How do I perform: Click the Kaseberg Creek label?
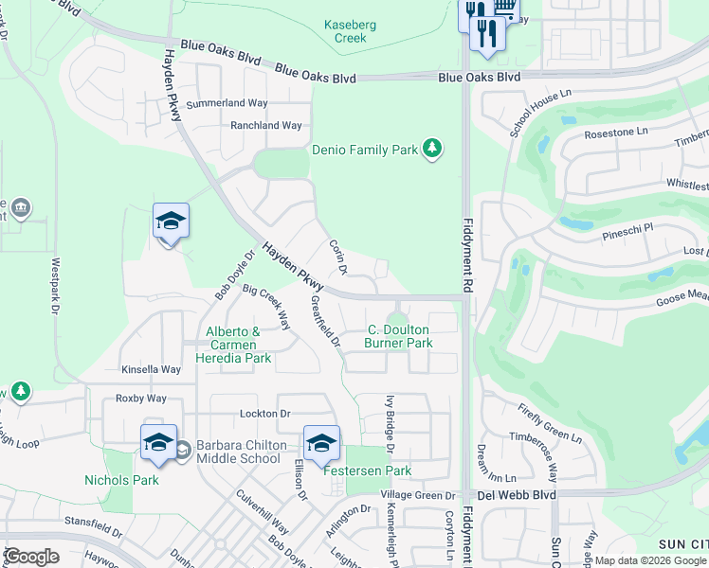tap(351, 31)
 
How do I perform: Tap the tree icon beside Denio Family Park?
tap(432, 149)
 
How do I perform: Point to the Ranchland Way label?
tap(266, 125)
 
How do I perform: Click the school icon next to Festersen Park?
tap(321, 443)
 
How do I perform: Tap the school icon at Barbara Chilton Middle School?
tap(158, 443)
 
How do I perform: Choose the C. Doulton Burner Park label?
tap(399, 336)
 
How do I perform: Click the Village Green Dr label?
tap(418, 495)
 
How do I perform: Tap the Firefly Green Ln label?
tap(550, 423)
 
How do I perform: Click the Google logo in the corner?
tap(31, 557)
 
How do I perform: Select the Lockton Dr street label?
tap(265, 414)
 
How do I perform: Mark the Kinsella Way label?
tap(151, 369)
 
